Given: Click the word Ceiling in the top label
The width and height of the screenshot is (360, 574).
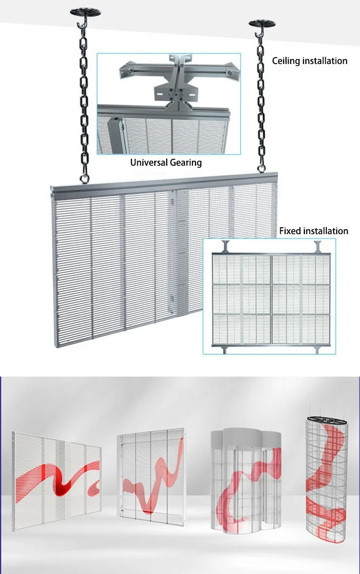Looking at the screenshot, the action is [x=286, y=61].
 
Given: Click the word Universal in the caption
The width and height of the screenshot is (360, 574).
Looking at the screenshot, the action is [x=149, y=162].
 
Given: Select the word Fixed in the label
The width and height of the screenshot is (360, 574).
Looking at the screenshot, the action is [x=290, y=231].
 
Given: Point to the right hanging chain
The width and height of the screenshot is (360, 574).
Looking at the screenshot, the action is [x=260, y=99].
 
